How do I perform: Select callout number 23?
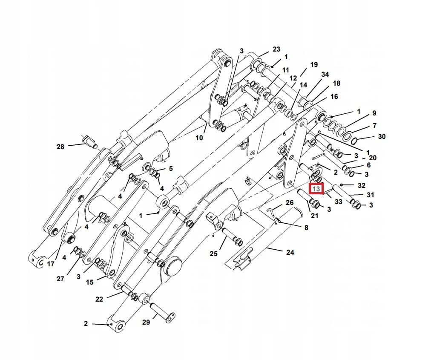point(276,49)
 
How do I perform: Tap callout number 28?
point(60,147)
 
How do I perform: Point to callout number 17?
point(51,264)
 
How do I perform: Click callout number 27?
point(60,279)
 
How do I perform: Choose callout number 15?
point(89,282)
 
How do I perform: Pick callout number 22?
point(99,300)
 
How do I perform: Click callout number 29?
point(146,323)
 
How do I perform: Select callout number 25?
point(214,254)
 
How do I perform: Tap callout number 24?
point(290,252)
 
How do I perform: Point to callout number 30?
point(382,137)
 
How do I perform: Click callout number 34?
point(325,74)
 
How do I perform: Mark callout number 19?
point(314,65)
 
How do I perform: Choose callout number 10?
point(199,138)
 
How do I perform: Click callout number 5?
point(171,169)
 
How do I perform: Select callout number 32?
point(362,186)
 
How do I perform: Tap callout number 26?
point(290,202)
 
